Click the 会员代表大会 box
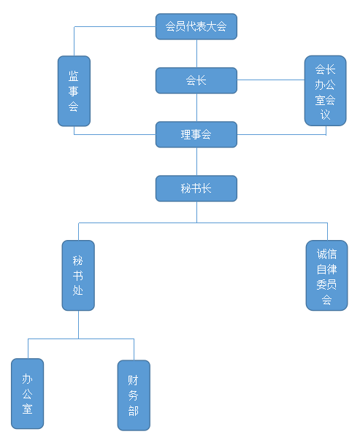pos(196,26)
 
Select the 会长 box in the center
pos(196,80)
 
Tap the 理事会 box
pos(196,134)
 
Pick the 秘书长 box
pos(196,188)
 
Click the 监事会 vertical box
pos(74,90)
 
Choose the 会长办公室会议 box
pos(325,90)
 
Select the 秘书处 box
pos(78,275)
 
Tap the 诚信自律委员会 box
pos(326,275)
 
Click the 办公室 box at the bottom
pos(27,394)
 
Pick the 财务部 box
pos(134,395)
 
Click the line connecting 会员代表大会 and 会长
pos(196,53)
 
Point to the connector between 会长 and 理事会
pos(196,107)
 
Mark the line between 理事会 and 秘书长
pos(196,161)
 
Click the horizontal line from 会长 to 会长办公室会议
pos(270,80)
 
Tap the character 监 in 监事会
pos(73,76)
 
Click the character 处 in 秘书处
pos(78,290)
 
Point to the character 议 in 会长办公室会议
pos(325,115)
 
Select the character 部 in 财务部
pos(133,411)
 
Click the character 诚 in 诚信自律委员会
pos(321,254)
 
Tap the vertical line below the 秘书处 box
pos(78,325)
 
